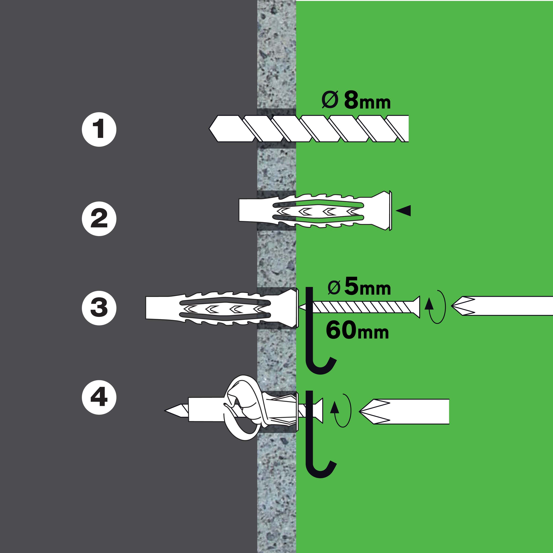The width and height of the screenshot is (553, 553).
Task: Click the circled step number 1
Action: click(99, 129)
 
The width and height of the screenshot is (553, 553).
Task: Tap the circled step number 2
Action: click(99, 219)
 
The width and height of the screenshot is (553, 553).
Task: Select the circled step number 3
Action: click(99, 308)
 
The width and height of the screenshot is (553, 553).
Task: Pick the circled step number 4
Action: click(99, 397)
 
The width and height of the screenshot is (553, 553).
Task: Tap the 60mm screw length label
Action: click(357, 330)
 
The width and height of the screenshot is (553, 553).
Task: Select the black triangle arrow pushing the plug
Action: click(404, 211)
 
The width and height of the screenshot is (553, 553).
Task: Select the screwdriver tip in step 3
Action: click(458, 306)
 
